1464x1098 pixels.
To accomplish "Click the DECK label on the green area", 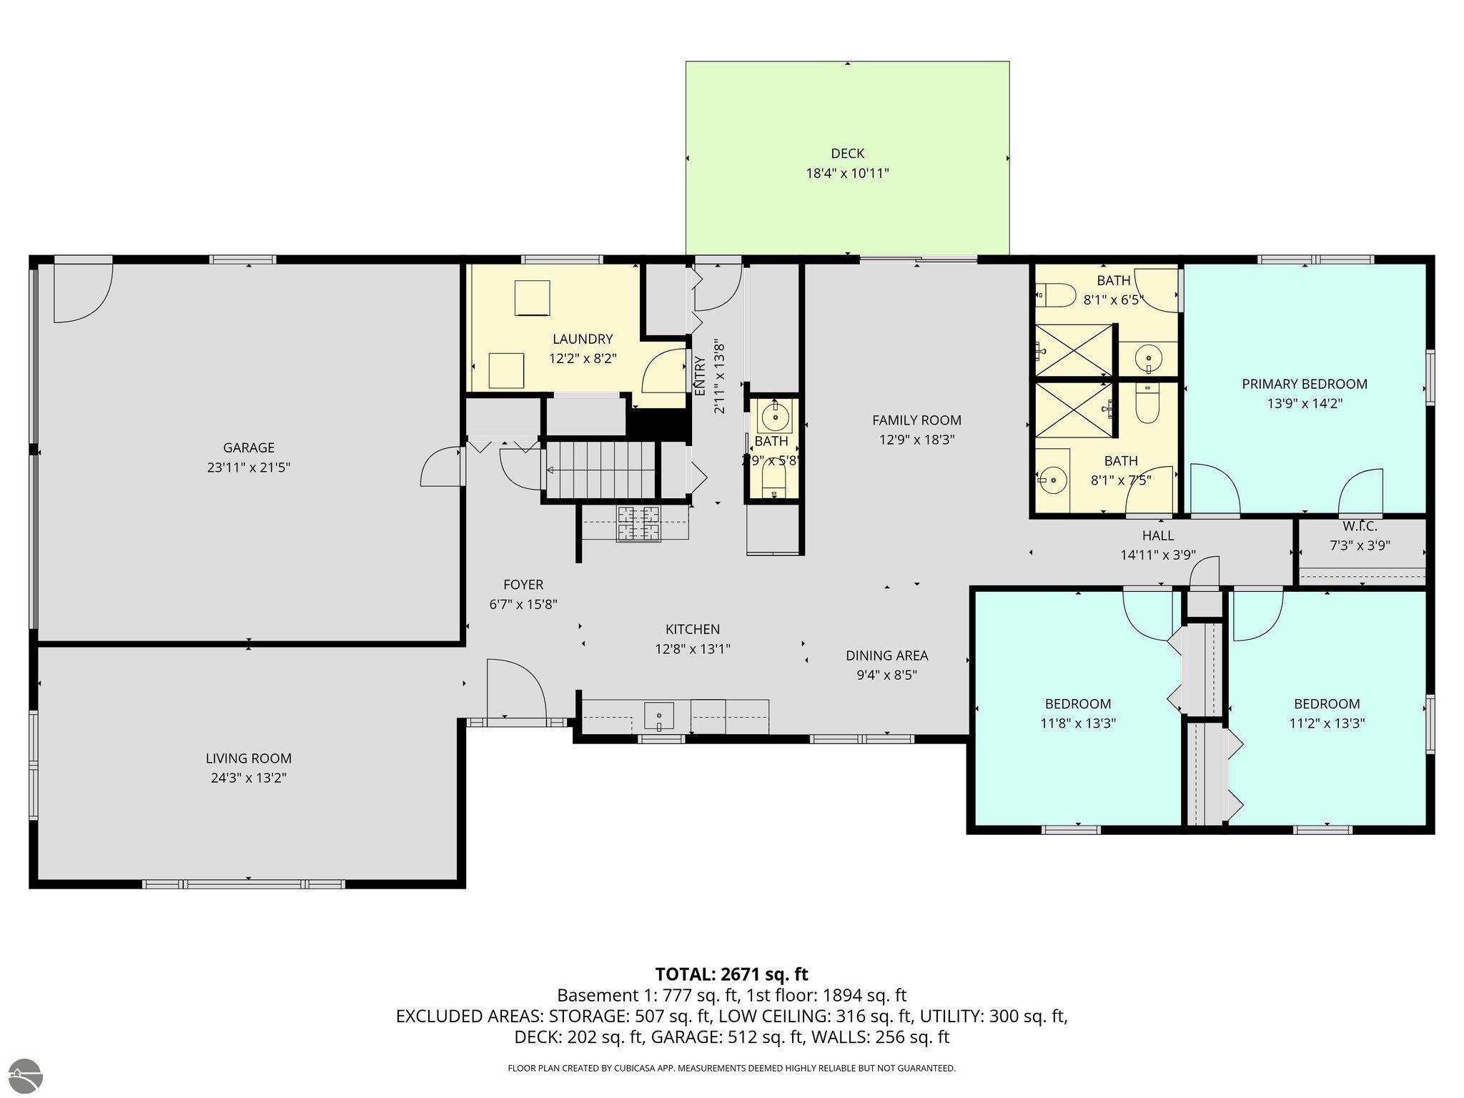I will pos(847,153).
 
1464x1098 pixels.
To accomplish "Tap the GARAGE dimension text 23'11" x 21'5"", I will pos(249,468).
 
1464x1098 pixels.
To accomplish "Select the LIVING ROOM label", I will pos(249,758).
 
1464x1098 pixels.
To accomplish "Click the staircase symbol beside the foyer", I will pos(600,470).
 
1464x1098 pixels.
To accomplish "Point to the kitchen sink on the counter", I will pos(658,714).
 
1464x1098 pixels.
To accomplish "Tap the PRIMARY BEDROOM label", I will pos(1304,384).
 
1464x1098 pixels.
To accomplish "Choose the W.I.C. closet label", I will pos(1359,527).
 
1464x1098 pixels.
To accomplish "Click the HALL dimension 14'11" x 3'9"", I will pos(1157,555).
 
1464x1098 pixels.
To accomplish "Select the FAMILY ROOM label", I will pos(916,420).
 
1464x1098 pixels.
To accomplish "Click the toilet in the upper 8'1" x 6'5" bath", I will pos(1057,294).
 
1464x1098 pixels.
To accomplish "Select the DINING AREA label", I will pos(886,656).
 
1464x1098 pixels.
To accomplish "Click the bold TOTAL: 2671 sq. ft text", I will pos(731,974).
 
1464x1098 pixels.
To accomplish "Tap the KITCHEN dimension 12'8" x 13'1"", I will pos(692,649).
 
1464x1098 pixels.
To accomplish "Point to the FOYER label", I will pos(523,585).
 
